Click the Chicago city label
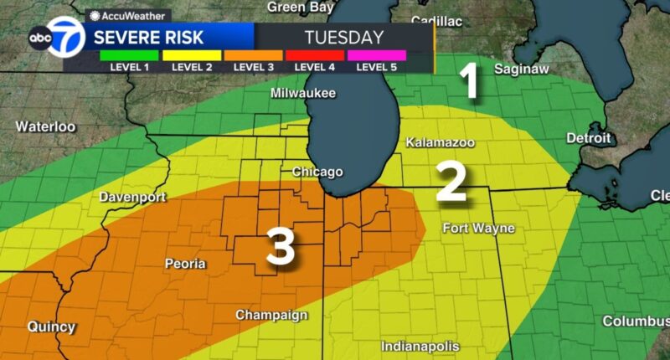click(x=317, y=172)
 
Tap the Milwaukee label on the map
click(x=302, y=94)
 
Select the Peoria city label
click(x=185, y=264)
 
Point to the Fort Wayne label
click(x=477, y=229)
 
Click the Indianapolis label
click(x=420, y=346)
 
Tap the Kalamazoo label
click(x=440, y=143)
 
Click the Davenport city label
click(x=132, y=198)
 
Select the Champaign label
click(x=271, y=316)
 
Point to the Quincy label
click(x=51, y=327)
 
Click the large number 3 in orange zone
click(x=281, y=247)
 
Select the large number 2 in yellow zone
click(x=451, y=182)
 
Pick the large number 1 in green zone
click(x=471, y=83)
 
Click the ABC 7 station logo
click(x=56, y=39)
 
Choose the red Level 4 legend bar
click(x=315, y=55)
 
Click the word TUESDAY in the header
click(x=343, y=38)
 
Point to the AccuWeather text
click(x=122, y=15)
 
